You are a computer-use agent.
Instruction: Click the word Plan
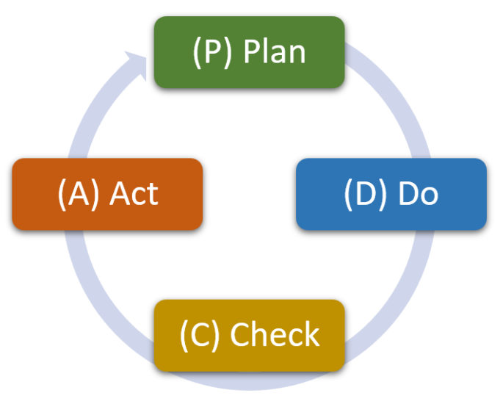[x=275, y=53]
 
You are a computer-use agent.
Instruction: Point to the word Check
[x=275, y=335]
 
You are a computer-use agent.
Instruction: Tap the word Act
[x=134, y=194]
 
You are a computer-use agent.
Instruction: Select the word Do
[x=417, y=194]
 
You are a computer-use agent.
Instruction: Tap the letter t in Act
[x=152, y=194]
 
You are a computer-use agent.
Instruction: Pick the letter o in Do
[x=429, y=195]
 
